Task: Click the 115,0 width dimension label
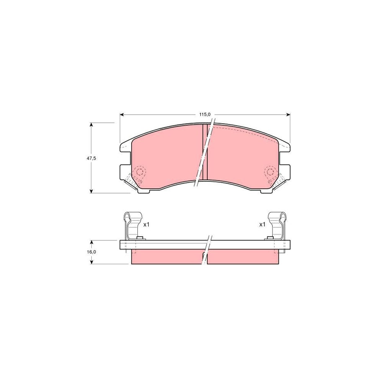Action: (205, 114)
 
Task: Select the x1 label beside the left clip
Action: (147, 225)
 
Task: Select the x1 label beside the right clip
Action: (262, 225)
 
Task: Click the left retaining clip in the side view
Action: (132, 226)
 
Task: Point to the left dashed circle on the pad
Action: (139, 172)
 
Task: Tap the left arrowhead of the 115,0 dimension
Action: (122, 115)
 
